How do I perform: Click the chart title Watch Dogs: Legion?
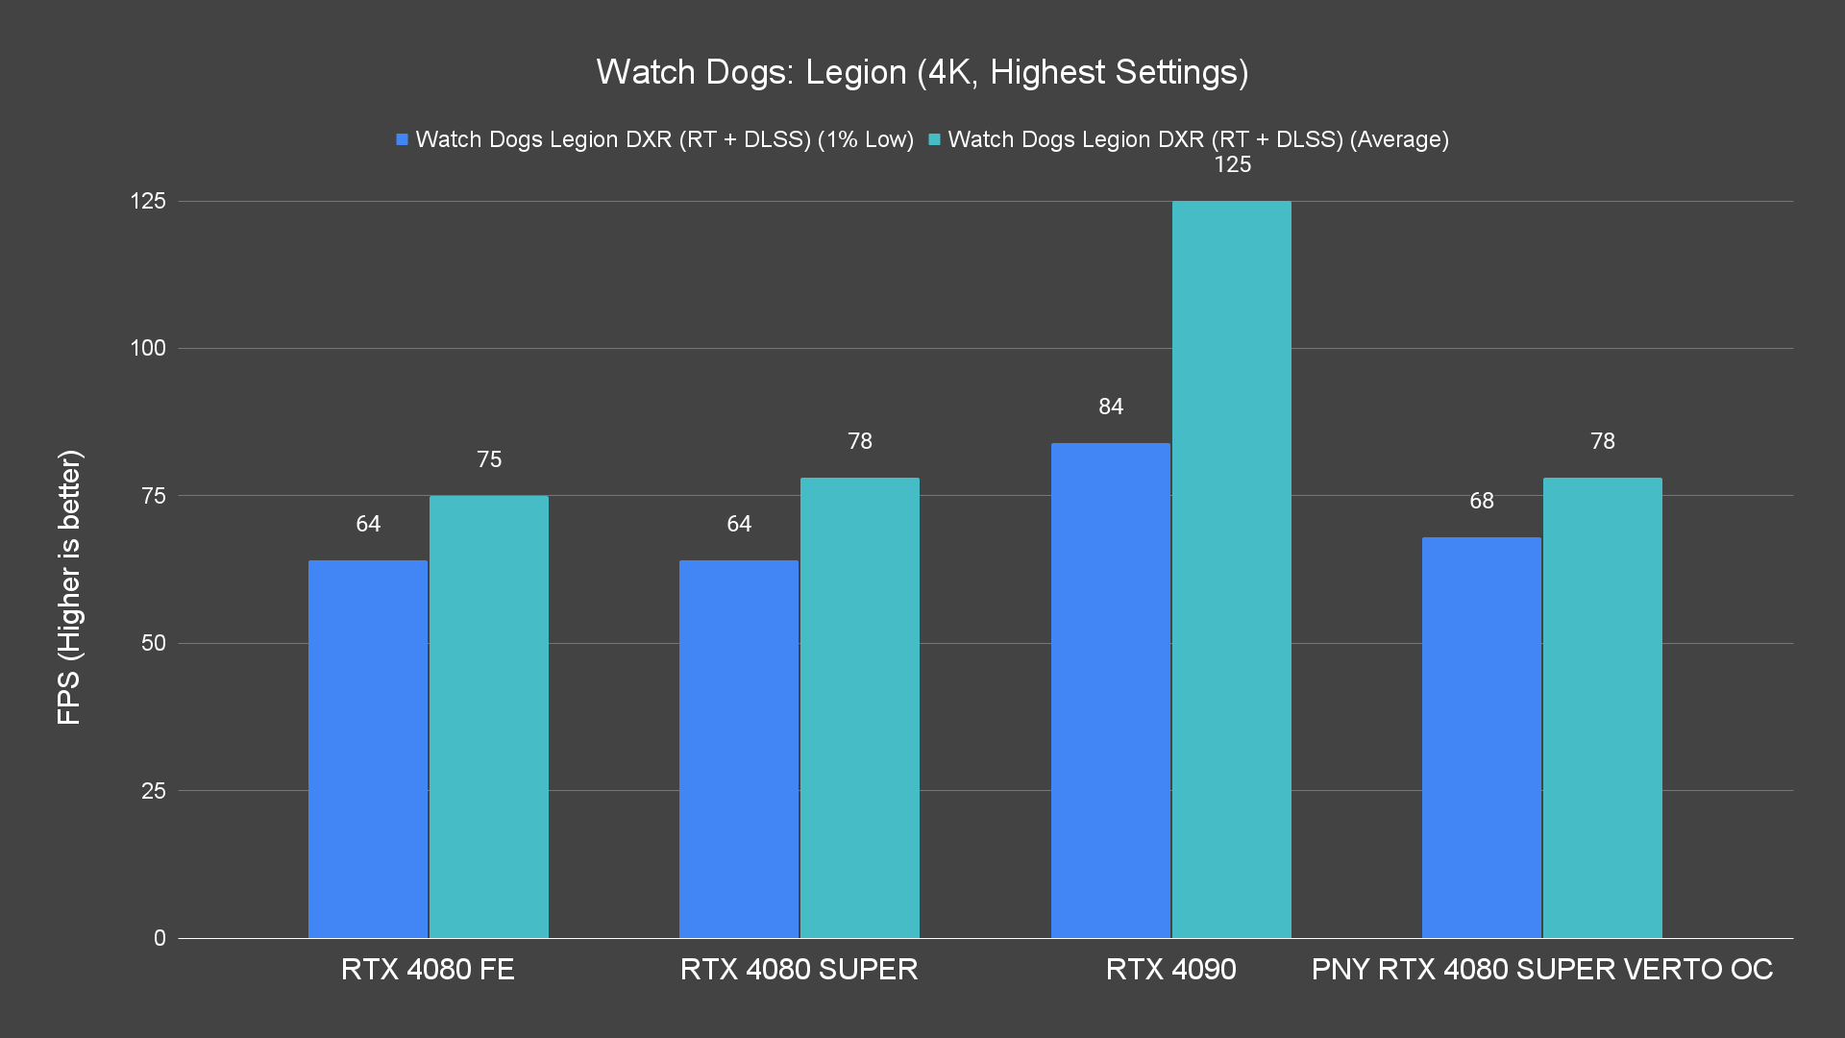click(x=922, y=72)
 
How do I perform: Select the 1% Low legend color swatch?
click(x=402, y=140)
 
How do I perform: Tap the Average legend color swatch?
click(x=934, y=140)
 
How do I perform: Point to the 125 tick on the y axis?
click(x=148, y=201)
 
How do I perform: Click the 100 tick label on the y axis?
click(x=148, y=348)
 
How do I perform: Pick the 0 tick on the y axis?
click(x=160, y=938)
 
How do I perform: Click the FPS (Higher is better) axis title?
click(x=69, y=586)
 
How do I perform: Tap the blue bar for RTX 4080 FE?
click(x=367, y=749)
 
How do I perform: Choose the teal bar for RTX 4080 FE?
click(x=488, y=716)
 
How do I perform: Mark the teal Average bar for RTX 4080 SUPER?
click(x=859, y=707)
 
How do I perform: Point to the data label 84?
click(x=1111, y=407)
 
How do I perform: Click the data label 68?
click(x=1481, y=501)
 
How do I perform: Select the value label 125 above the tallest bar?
click(x=1232, y=165)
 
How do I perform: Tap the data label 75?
click(x=489, y=459)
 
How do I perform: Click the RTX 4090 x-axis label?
click(x=1170, y=969)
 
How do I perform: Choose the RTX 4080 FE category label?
click(x=428, y=969)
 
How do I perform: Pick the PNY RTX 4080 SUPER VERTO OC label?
click(x=1541, y=969)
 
